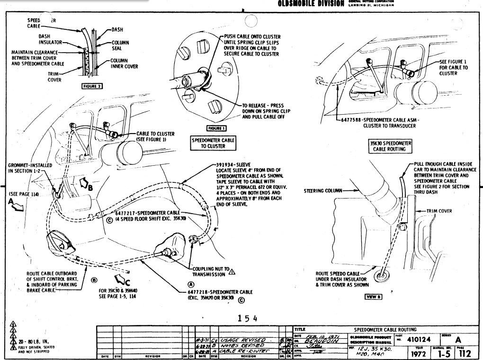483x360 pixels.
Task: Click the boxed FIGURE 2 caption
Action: pyautogui.click(x=92, y=86)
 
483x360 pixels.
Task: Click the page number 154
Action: pyautogui.click(x=247, y=318)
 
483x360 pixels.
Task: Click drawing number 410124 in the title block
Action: pyautogui.click(x=415, y=339)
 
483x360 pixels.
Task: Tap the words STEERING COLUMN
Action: pyautogui.click(x=322, y=191)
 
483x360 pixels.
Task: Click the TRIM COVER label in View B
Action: pyautogui.click(x=438, y=211)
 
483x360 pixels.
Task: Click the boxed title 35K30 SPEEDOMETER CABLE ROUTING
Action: pyautogui.click(x=391, y=145)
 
